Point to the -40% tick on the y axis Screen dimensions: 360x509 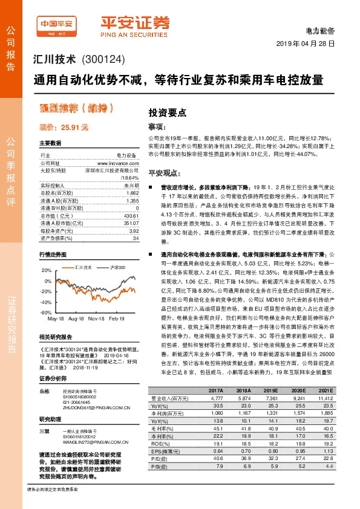point(46,302)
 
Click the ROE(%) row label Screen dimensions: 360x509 point(161,443)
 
